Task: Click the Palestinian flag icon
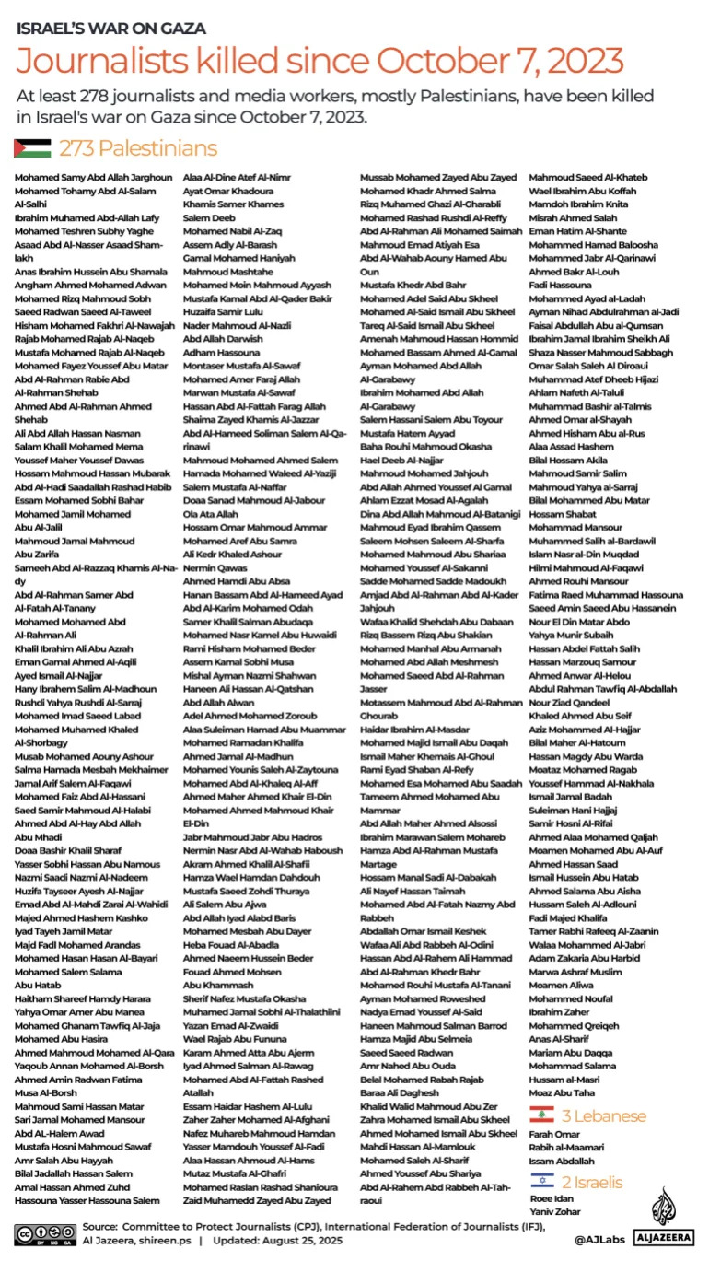tap(31, 148)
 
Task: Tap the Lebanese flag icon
tap(540, 1115)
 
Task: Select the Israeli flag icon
tap(540, 1182)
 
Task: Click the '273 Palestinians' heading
tap(138, 148)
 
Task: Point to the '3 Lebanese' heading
tap(604, 1115)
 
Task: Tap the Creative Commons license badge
tap(44, 1233)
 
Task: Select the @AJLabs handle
tap(603, 1240)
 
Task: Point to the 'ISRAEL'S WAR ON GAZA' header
tap(110, 29)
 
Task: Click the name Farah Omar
tap(553, 1133)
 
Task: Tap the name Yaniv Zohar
tap(554, 1211)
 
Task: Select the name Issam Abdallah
tap(561, 1162)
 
